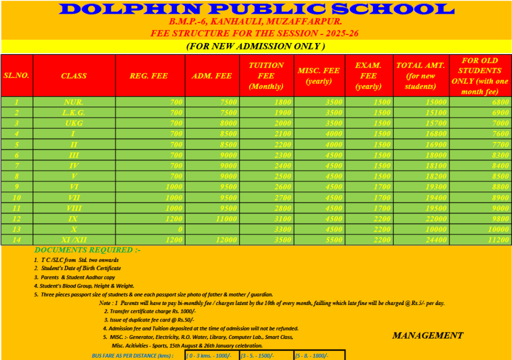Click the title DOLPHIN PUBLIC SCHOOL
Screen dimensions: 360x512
point(256,9)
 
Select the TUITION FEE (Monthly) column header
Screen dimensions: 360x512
point(266,75)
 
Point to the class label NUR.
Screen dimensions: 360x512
point(73,102)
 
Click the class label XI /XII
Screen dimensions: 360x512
point(73,240)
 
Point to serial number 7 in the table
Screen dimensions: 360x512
point(16,165)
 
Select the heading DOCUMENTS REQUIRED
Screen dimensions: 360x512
point(87,250)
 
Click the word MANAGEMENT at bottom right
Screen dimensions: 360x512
point(427,335)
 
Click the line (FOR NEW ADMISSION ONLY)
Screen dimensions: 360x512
point(255,46)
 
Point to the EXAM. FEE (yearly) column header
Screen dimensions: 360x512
point(368,75)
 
